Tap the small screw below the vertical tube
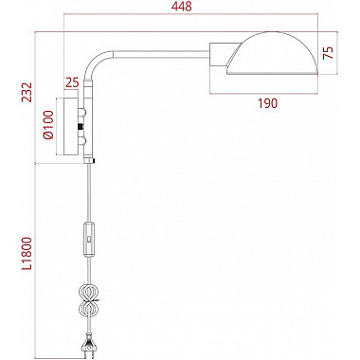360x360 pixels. tap(93, 162)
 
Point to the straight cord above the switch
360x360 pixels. tap(91, 194)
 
